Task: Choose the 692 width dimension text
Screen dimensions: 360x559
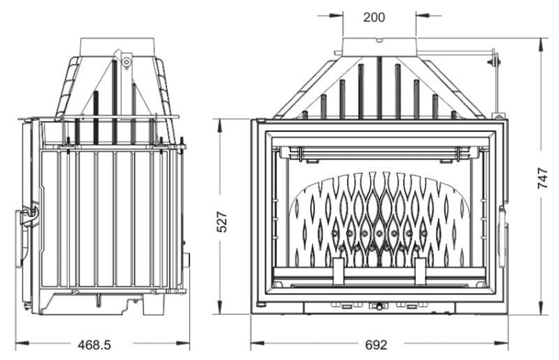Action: click(378, 345)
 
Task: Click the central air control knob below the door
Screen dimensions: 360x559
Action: click(379, 306)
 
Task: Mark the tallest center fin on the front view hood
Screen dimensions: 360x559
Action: click(379, 86)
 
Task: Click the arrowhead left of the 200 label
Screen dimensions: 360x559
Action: click(338, 13)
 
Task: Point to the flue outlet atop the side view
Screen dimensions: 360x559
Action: click(119, 45)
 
